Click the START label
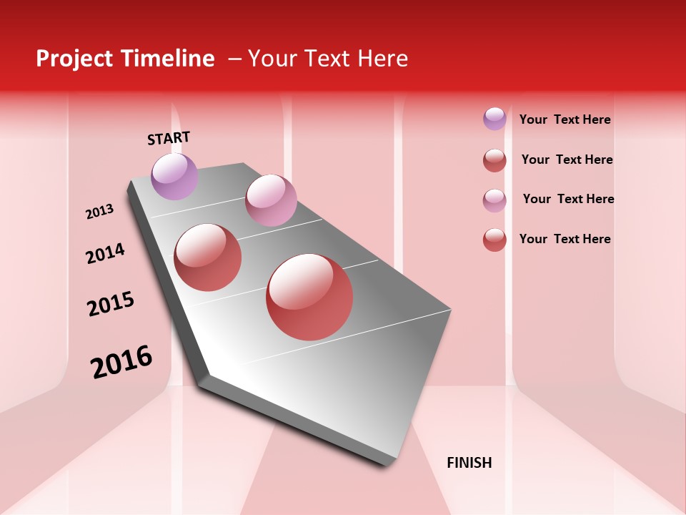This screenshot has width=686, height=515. point(169,138)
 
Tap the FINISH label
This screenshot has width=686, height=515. point(469,463)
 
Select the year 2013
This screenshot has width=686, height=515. point(100,212)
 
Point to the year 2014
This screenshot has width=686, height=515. point(106,253)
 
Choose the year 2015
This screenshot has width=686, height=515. point(111,304)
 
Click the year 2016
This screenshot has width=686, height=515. point(121,362)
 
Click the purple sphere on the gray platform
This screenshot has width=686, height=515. point(174,176)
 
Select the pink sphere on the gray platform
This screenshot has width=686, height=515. point(271,200)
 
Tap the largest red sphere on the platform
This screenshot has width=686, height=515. point(309,297)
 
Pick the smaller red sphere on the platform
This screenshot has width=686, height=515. point(208,257)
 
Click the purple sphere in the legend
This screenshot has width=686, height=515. point(494,119)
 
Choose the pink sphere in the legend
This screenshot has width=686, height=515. point(494,200)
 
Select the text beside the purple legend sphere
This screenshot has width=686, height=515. point(565,119)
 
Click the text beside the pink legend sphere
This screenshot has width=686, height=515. point(568,199)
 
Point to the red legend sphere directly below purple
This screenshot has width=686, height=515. point(494,160)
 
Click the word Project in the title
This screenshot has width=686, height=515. point(74,59)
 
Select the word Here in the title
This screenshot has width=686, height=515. point(382,59)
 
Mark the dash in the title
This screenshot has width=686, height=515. point(234,59)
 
